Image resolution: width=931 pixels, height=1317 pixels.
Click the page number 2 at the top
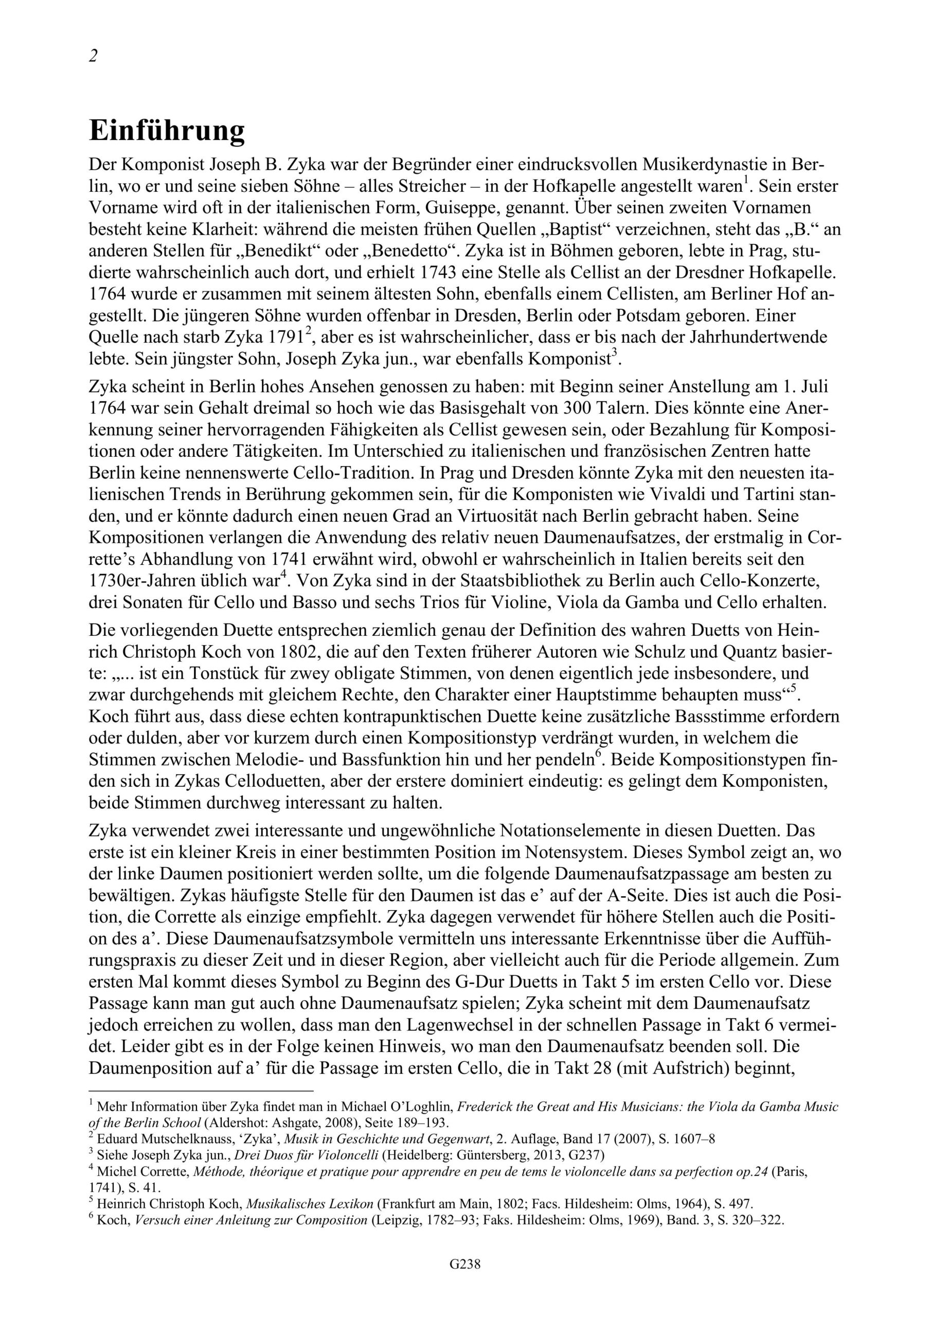94,57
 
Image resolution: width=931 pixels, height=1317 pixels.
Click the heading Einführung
167,131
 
